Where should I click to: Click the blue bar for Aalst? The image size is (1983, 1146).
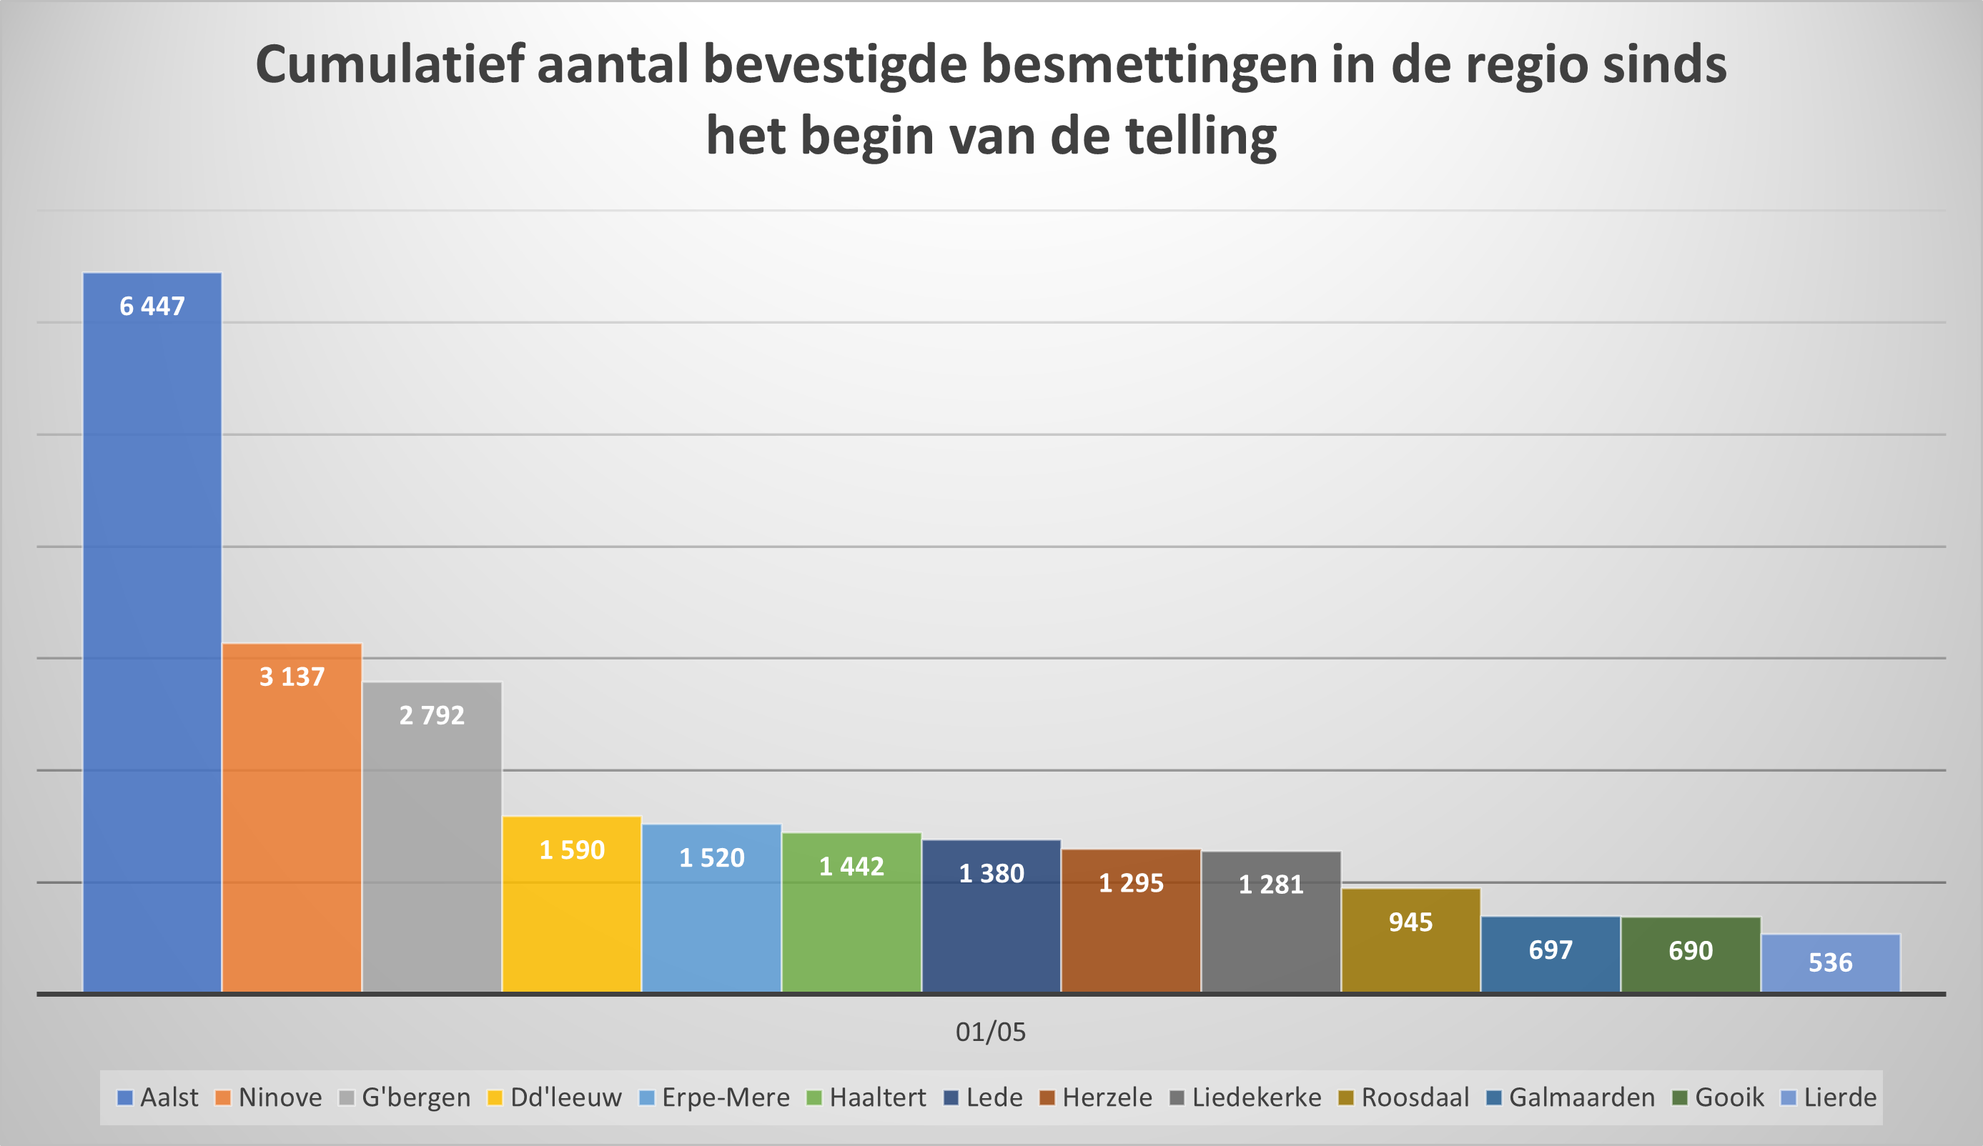coord(152,629)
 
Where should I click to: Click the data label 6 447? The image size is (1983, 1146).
coord(152,306)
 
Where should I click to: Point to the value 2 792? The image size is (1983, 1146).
coord(431,715)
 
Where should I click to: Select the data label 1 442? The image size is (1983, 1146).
coord(851,866)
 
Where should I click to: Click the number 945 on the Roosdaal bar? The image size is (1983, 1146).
coord(1410,922)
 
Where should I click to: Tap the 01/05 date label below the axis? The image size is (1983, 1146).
coord(991,1032)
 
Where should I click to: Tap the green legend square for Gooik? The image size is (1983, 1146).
coord(1679,1097)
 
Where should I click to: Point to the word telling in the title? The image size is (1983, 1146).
coord(1201,136)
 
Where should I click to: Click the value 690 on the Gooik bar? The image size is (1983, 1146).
coord(1691,951)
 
